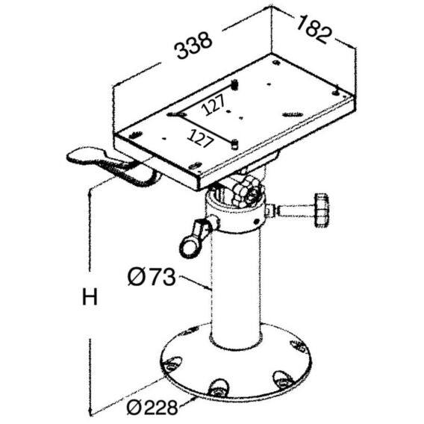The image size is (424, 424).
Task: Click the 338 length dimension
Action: click(x=193, y=46)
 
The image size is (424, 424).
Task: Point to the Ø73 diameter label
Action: click(x=151, y=278)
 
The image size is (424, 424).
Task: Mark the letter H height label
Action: click(x=90, y=298)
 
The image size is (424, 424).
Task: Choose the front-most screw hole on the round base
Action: click(x=219, y=387)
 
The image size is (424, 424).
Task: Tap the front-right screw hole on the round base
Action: click(x=284, y=379)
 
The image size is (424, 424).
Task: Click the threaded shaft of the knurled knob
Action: click(x=293, y=210)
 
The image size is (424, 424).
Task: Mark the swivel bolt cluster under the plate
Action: click(x=242, y=193)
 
